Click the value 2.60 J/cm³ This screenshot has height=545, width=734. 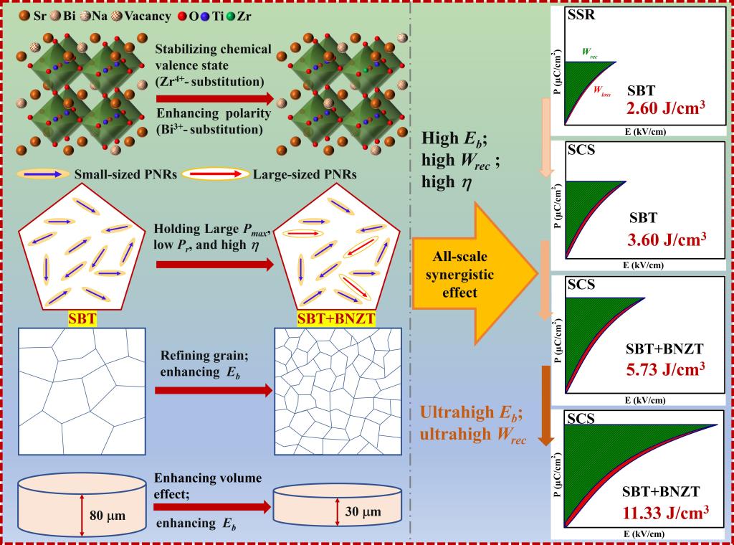click(x=667, y=110)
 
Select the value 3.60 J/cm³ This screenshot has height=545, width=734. click(x=667, y=237)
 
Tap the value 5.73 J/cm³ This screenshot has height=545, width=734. click(x=667, y=369)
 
